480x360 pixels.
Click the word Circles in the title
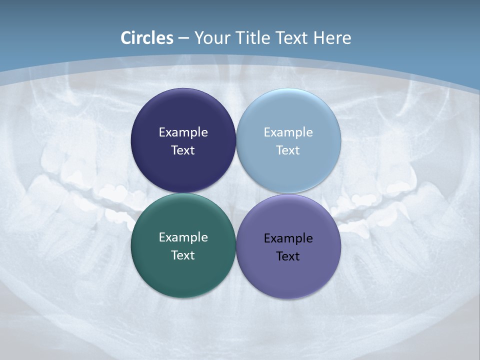(147, 38)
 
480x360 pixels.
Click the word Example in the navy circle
(183, 132)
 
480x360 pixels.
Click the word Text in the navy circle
(183, 150)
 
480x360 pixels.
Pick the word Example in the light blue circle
(288, 132)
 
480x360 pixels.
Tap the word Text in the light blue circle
(288, 150)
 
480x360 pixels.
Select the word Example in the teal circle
(183, 237)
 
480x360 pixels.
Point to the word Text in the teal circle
(183, 255)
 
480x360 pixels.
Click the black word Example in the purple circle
(288, 238)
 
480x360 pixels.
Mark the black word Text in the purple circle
(288, 256)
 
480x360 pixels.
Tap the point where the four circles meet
(236, 193)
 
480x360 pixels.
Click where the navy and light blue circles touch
(236, 141)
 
